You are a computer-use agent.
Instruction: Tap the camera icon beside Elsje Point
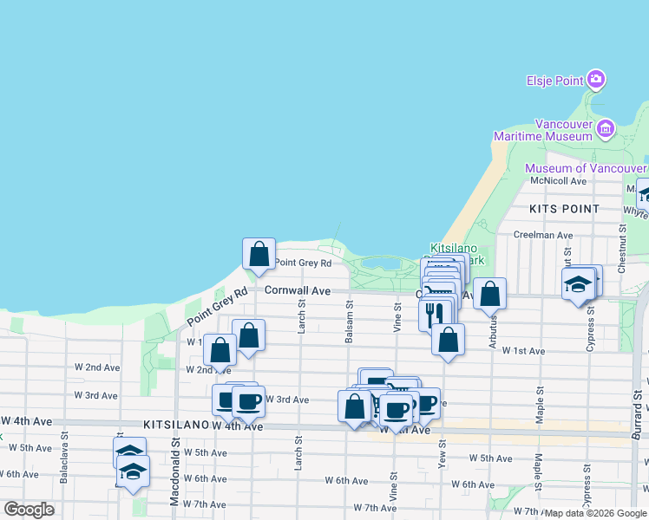pyautogui.click(x=595, y=81)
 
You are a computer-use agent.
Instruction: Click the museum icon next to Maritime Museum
pyautogui.click(x=606, y=130)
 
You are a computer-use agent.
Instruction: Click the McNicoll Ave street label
pyautogui.click(x=560, y=180)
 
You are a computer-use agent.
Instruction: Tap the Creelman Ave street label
pyautogui.click(x=543, y=235)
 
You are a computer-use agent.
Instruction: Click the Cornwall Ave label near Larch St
pyautogui.click(x=298, y=291)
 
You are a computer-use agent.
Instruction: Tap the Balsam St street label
pyautogui.click(x=349, y=322)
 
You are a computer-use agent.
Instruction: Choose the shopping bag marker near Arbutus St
pyautogui.click(x=490, y=294)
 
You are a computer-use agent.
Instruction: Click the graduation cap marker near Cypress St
pyautogui.click(x=578, y=284)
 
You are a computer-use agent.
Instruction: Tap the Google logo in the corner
pyautogui.click(x=29, y=510)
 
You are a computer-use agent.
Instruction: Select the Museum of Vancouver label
pyautogui.click(x=586, y=168)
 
